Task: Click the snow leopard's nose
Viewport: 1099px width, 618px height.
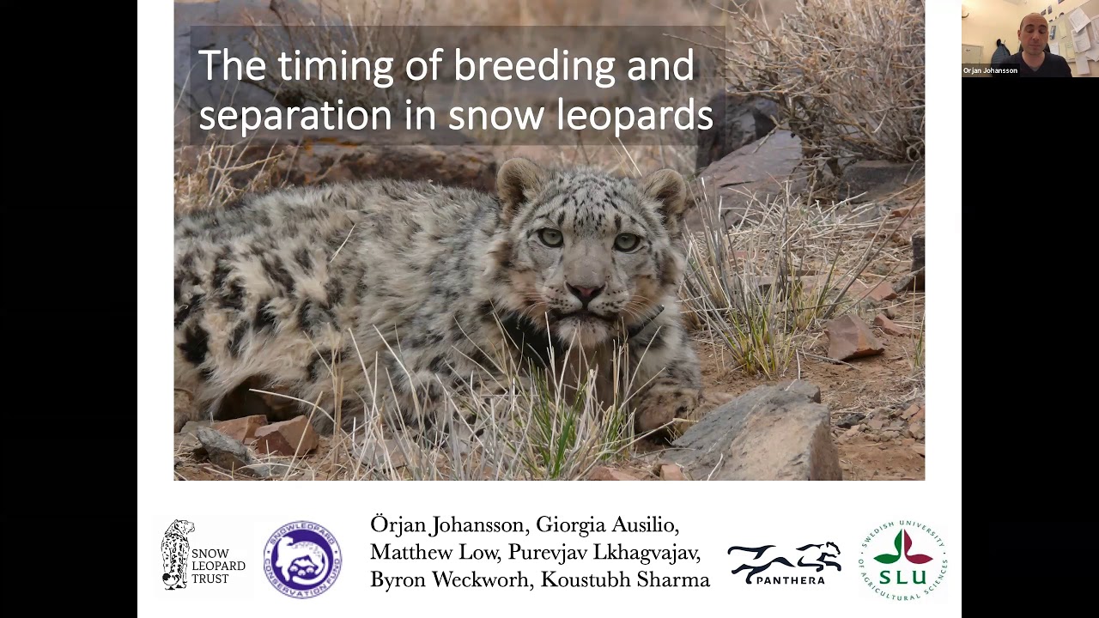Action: (x=586, y=292)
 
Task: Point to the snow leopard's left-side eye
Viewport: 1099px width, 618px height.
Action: (x=550, y=237)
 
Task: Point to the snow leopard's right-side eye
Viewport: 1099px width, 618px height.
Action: (x=626, y=242)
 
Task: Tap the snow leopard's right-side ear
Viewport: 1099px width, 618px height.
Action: (x=665, y=189)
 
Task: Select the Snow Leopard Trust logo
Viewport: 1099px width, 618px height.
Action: (x=203, y=555)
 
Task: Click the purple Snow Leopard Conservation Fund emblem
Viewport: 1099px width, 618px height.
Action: (x=302, y=559)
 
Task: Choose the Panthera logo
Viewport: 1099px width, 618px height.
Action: (x=784, y=563)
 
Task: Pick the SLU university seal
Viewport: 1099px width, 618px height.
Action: (x=903, y=559)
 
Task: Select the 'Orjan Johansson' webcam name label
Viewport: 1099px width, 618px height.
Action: (x=990, y=70)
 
